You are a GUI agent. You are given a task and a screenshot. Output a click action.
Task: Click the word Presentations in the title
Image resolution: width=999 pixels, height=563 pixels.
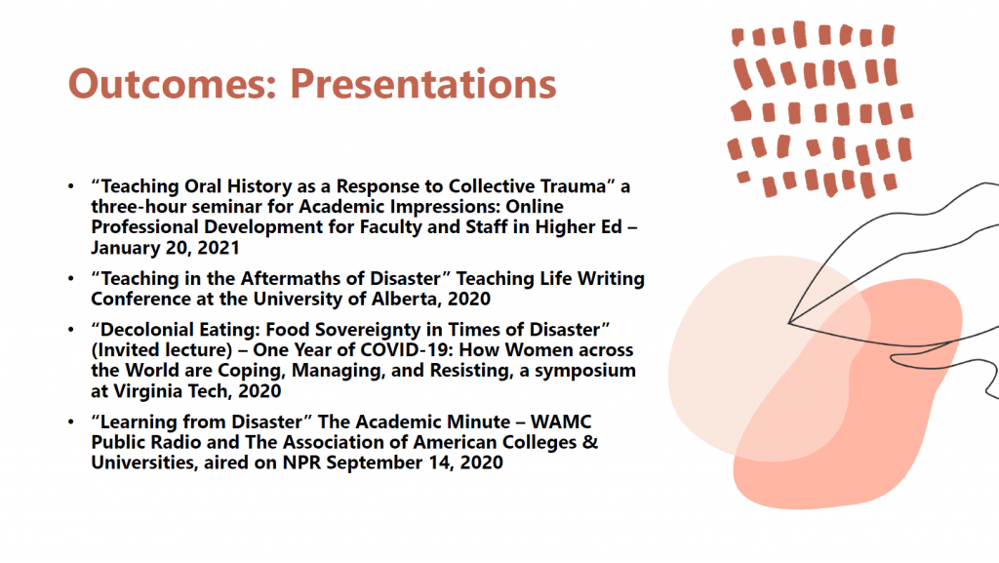(x=423, y=84)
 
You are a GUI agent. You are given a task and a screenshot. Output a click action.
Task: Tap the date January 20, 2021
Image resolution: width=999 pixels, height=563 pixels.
(x=165, y=248)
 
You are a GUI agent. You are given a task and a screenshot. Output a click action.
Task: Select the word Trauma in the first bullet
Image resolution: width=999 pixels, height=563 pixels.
(x=574, y=186)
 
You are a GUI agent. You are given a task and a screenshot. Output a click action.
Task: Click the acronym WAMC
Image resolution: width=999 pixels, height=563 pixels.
(x=561, y=422)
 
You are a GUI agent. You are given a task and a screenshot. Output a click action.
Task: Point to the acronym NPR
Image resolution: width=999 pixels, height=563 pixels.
(x=301, y=462)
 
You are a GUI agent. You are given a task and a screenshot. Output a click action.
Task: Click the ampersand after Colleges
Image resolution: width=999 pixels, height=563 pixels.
(x=590, y=442)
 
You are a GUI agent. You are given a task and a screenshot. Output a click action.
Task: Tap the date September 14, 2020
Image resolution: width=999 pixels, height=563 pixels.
(x=414, y=463)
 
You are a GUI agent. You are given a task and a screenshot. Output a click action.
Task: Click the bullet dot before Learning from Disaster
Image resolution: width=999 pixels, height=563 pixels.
(x=70, y=422)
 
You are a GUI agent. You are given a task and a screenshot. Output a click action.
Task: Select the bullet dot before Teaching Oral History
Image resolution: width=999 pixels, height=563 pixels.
(x=70, y=186)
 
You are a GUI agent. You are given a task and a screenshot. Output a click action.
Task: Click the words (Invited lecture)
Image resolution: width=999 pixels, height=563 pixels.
(x=162, y=350)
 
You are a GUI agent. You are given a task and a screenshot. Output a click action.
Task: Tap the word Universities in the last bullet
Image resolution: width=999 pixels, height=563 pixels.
(x=142, y=462)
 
